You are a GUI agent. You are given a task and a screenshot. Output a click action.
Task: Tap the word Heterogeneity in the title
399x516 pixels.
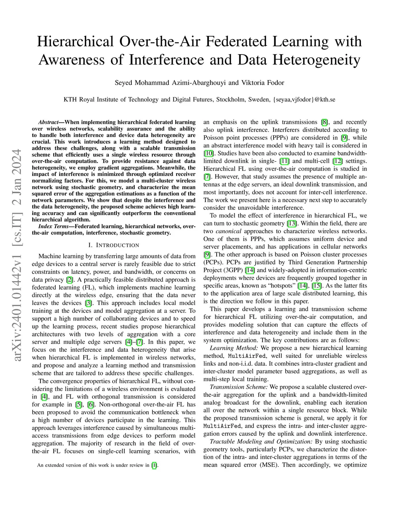(316, 60)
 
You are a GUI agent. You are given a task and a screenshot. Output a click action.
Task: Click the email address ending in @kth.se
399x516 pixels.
(305, 99)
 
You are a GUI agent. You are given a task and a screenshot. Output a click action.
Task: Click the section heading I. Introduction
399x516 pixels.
(113, 245)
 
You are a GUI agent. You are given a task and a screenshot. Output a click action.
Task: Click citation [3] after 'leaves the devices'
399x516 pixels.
(89, 303)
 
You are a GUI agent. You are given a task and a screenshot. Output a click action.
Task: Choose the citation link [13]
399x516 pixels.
(292, 223)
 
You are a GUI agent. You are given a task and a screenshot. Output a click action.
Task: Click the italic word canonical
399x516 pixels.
(226, 231)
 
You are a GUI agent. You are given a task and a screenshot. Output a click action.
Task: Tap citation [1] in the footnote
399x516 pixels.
(155, 465)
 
